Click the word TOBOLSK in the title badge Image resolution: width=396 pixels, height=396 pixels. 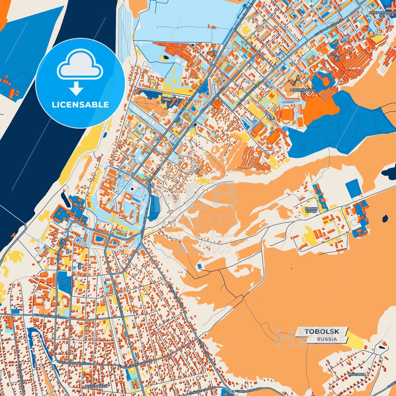pyautogui.click(x=322, y=332)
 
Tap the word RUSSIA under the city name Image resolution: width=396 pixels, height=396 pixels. pyautogui.click(x=327, y=339)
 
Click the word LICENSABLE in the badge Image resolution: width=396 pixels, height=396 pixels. pyautogui.click(x=80, y=105)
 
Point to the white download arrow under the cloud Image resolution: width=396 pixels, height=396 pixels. pyautogui.click(x=76, y=88)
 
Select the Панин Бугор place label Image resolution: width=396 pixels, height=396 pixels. pyautogui.click(x=311, y=210)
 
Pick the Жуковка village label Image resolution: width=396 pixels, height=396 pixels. pyautogui.click(x=357, y=374)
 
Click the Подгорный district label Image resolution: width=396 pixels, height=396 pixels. pyautogui.click(x=96, y=386)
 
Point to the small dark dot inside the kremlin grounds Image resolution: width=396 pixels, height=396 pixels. pyautogui.click(x=132, y=189)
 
